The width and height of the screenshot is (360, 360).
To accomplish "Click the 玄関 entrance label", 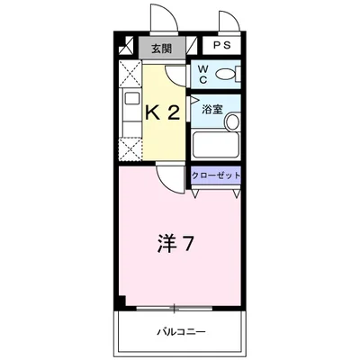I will click(x=162, y=49).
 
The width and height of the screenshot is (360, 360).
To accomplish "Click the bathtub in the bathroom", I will click(x=214, y=146).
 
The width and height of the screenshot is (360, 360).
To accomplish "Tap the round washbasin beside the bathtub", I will click(x=231, y=122).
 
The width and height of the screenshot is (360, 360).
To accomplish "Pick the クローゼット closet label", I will click(x=216, y=175).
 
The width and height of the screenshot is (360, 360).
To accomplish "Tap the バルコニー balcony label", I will click(x=179, y=332).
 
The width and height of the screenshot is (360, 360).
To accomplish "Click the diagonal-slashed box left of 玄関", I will click(x=128, y=49).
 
